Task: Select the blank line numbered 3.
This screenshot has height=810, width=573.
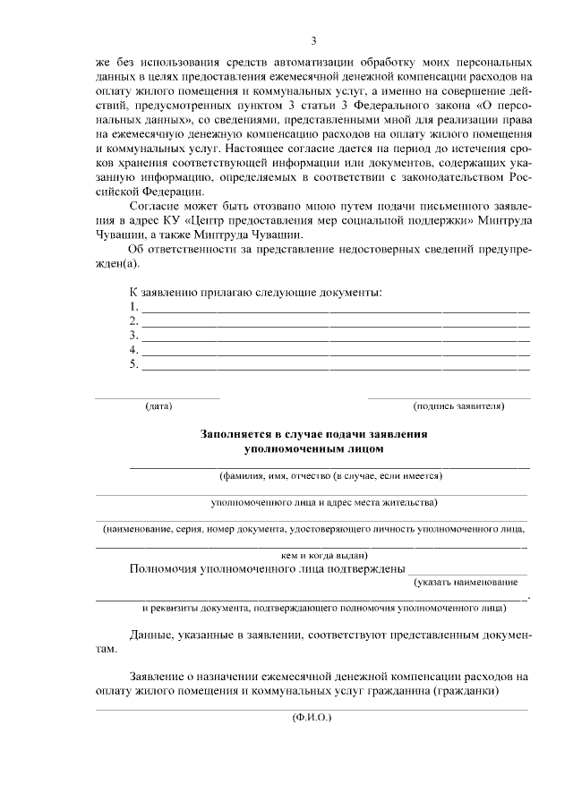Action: [336, 339]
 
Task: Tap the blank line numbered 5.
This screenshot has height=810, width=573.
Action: [336, 368]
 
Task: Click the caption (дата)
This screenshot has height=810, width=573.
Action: [158, 406]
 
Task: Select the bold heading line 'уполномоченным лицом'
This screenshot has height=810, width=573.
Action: [313, 449]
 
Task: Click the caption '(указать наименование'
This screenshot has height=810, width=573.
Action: [466, 582]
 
